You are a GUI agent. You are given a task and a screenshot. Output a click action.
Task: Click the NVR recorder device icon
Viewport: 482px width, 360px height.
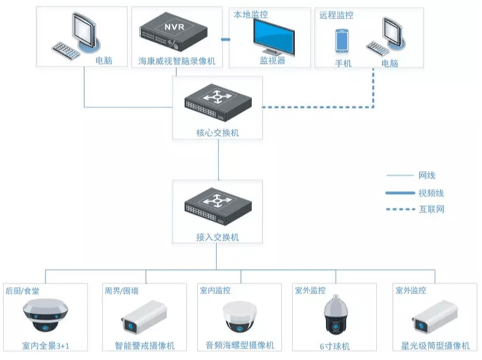(x=174, y=32)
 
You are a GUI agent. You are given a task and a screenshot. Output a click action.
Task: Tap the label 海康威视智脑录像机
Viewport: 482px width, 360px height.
(x=177, y=61)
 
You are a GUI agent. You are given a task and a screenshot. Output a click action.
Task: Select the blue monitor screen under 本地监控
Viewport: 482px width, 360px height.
(x=274, y=37)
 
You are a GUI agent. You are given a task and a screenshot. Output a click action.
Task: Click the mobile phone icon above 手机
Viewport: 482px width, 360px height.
(x=342, y=41)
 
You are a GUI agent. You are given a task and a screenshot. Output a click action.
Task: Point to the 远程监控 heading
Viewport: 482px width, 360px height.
(x=336, y=15)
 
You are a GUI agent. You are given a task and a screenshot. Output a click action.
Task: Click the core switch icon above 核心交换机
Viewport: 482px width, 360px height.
(x=218, y=102)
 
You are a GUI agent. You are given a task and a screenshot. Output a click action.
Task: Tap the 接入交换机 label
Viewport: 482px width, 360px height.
(x=218, y=237)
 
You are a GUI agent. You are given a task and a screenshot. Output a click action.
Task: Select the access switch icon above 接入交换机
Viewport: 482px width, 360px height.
(x=218, y=206)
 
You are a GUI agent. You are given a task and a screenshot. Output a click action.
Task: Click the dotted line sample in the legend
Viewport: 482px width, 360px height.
(x=401, y=209)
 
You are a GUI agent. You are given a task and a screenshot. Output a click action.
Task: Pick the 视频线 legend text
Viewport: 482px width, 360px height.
(x=431, y=193)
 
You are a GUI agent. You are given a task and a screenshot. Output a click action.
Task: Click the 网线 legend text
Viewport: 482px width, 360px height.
(x=427, y=175)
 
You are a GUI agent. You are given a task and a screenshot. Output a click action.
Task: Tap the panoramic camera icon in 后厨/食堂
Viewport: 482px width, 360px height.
(x=45, y=315)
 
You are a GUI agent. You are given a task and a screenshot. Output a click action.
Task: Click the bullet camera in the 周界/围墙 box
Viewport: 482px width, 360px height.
(x=144, y=318)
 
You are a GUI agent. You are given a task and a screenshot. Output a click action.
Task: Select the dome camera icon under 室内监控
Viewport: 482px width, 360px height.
(x=240, y=317)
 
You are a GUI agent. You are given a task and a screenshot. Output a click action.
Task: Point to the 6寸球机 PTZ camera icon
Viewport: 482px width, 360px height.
(x=335, y=314)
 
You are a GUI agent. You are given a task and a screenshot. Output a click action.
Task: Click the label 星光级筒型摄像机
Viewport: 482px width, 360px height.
(x=435, y=346)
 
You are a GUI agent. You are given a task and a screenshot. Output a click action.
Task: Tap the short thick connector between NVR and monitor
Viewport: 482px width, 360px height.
(x=226, y=39)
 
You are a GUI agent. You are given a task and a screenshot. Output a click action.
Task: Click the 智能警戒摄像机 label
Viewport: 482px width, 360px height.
(x=144, y=346)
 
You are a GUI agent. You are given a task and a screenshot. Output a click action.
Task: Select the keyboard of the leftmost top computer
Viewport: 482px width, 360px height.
(x=66, y=51)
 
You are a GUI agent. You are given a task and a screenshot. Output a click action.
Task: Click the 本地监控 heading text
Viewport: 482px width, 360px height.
(x=251, y=14)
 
